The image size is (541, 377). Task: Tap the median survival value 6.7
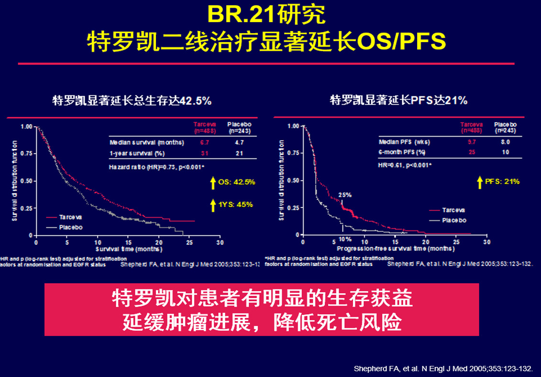[204, 143]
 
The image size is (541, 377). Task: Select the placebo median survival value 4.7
[239, 143]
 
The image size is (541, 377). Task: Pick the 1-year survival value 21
[239, 153]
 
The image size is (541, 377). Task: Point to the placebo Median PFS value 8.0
[505, 142]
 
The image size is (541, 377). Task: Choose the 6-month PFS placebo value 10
[505, 152]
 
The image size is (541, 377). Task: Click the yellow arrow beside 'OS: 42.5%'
[213, 183]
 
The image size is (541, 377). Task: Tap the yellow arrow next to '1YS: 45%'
[213, 205]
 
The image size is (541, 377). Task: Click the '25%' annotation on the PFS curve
[345, 195]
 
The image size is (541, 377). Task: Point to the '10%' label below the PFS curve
[345, 239]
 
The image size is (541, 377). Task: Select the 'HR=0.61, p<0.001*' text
[405, 165]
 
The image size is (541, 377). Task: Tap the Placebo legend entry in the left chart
[71, 227]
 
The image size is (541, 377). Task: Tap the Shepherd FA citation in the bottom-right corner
[442, 369]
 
